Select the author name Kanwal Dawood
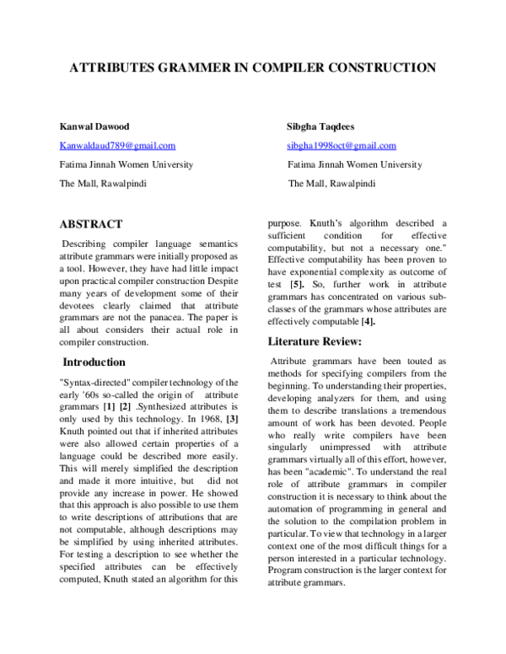[94, 126]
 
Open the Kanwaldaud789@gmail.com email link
[117, 146]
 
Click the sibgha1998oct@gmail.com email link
[342, 146]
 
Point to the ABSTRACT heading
[90, 224]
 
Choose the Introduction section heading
[105, 362]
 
